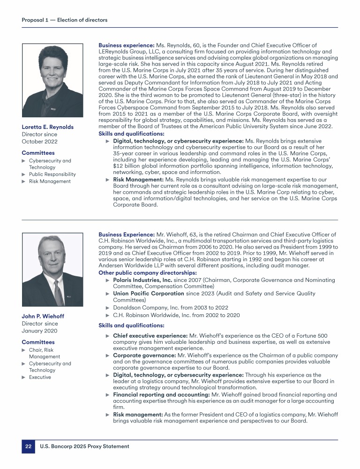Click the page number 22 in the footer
(28, 446)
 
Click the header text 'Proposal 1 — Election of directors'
(64, 20)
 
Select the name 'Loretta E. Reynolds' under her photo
(47, 127)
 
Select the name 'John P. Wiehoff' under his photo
(43, 316)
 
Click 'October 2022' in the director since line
(40, 141)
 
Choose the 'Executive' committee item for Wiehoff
(40, 377)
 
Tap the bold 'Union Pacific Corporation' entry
(148, 294)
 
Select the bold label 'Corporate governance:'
(143, 356)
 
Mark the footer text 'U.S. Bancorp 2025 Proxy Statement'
(84, 446)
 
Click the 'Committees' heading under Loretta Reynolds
(38, 153)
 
